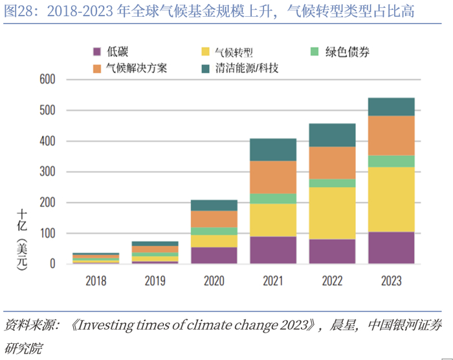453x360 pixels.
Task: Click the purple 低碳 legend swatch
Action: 98,51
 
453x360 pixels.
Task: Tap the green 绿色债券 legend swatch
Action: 315,51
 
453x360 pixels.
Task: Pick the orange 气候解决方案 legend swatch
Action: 98,67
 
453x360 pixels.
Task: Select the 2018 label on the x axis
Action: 96,281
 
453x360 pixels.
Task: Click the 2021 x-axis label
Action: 273,281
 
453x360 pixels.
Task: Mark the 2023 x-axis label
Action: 392,281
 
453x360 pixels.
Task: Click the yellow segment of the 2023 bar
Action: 392,199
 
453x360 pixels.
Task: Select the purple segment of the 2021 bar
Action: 273,250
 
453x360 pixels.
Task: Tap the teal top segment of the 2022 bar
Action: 332,135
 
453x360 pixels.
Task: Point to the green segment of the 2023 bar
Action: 392,161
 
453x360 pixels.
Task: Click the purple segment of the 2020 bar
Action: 214,255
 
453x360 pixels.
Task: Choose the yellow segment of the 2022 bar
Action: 332,213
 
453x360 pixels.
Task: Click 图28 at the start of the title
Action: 17,11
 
